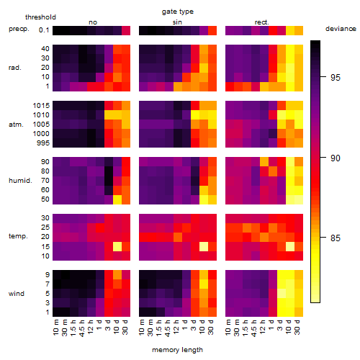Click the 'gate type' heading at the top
click(x=178, y=12)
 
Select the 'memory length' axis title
click(x=177, y=350)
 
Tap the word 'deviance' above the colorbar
click(x=341, y=29)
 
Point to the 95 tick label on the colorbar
click(x=336, y=77)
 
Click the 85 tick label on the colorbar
click(x=336, y=238)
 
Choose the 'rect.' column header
click(x=262, y=22)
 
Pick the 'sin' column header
click(x=177, y=22)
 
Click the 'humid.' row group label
click(x=20, y=181)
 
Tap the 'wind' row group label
click(x=17, y=294)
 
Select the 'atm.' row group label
click(x=16, y=125)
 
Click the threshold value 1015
click(x=41, y=106)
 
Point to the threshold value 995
click(x=43, y=143)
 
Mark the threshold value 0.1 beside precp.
click(x=44, y=30)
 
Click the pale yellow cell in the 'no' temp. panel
click(x=117, y=246)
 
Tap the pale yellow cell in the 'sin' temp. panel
click(x=204, y=246)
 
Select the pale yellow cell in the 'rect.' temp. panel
click(x=290, y=246)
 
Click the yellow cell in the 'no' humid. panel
click(x=117, y=199)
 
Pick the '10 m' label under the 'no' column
click(x=56, y=327)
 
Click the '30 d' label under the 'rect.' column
click(x=297, y=327)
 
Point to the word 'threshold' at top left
click(x=40, y=17)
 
